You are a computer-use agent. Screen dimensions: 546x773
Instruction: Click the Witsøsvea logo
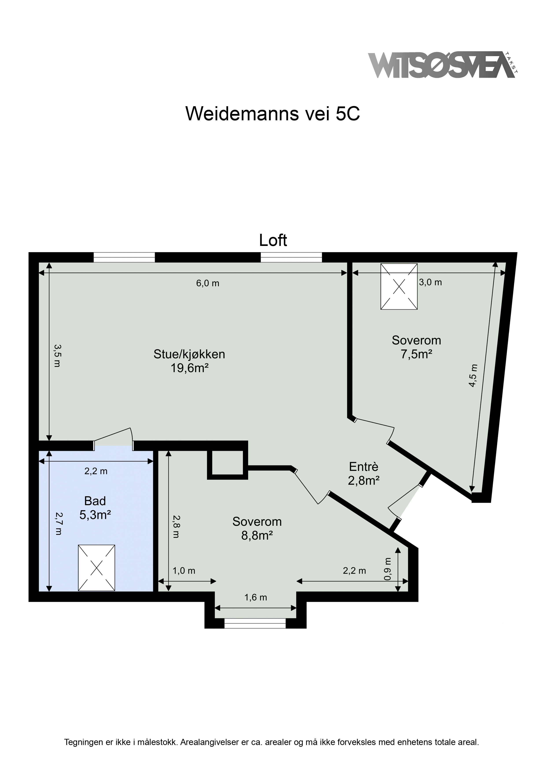click(x=443, y=65)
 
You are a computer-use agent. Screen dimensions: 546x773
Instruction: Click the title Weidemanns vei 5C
click(x=273, y=114)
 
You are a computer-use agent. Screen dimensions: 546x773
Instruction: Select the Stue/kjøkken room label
click(x=189, y=354)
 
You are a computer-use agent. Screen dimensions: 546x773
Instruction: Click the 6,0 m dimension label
click(x=208, y=283)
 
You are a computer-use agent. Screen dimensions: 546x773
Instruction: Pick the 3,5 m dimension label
click(x=57, y=355)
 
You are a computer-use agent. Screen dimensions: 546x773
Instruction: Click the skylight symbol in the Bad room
click(x=97, y=568)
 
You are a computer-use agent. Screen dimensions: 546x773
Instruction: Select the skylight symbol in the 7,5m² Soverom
click(x=399, y=286)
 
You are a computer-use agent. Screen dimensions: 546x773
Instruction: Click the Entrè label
click(x=364, y=467)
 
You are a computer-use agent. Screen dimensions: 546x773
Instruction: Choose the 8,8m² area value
click(x=257, y=535)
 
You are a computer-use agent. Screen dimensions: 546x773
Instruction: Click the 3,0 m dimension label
click(x=430, y=282)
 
